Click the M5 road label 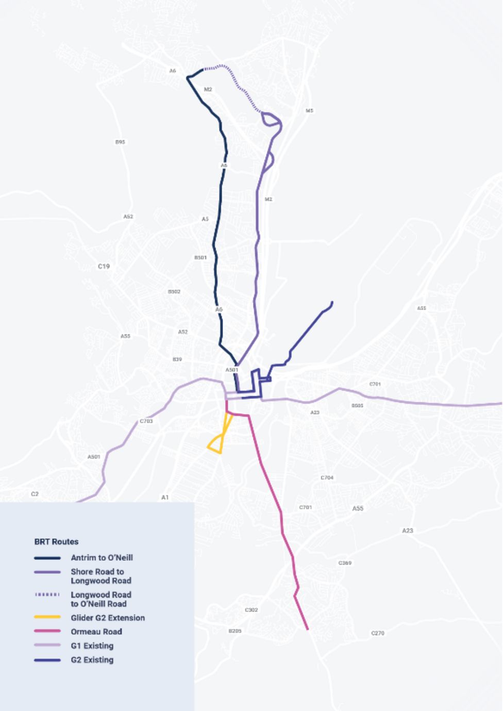[309, 111]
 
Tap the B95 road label [120, 142]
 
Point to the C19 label [104, 267]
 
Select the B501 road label [200, 258]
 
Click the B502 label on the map [174, 292]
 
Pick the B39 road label [177, 359]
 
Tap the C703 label [146, 421]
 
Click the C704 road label [327, 478]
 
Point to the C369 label [345, 563]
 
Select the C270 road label [378, 633]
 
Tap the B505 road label [358, 406]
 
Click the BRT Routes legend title [56, 542]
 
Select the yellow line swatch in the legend [47, 618]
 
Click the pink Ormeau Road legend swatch [47, 632]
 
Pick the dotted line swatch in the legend [47, 595]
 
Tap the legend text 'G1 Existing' [92, 646]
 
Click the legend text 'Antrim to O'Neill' [102, 558]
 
